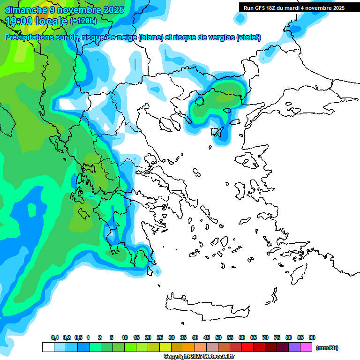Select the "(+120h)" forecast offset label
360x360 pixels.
tap(83, 21)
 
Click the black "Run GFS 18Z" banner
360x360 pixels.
tap(294, 7)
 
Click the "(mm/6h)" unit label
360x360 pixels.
tap(327, 348)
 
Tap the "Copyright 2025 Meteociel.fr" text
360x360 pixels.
tap(199, 357)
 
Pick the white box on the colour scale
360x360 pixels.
tap(48, 347)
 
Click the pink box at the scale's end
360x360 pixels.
tap(306, 347)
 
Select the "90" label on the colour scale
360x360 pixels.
tap(312, 337)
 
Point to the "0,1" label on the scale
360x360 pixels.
tap(54, 337)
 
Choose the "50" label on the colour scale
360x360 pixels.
tap(218, 337)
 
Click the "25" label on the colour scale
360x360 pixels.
tap(160, 337)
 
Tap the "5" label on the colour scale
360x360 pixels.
tap(112, 337)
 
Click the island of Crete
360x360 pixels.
tap(206, 307)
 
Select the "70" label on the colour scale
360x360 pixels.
tap(265, 337)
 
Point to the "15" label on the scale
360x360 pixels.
tap(136, 337)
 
